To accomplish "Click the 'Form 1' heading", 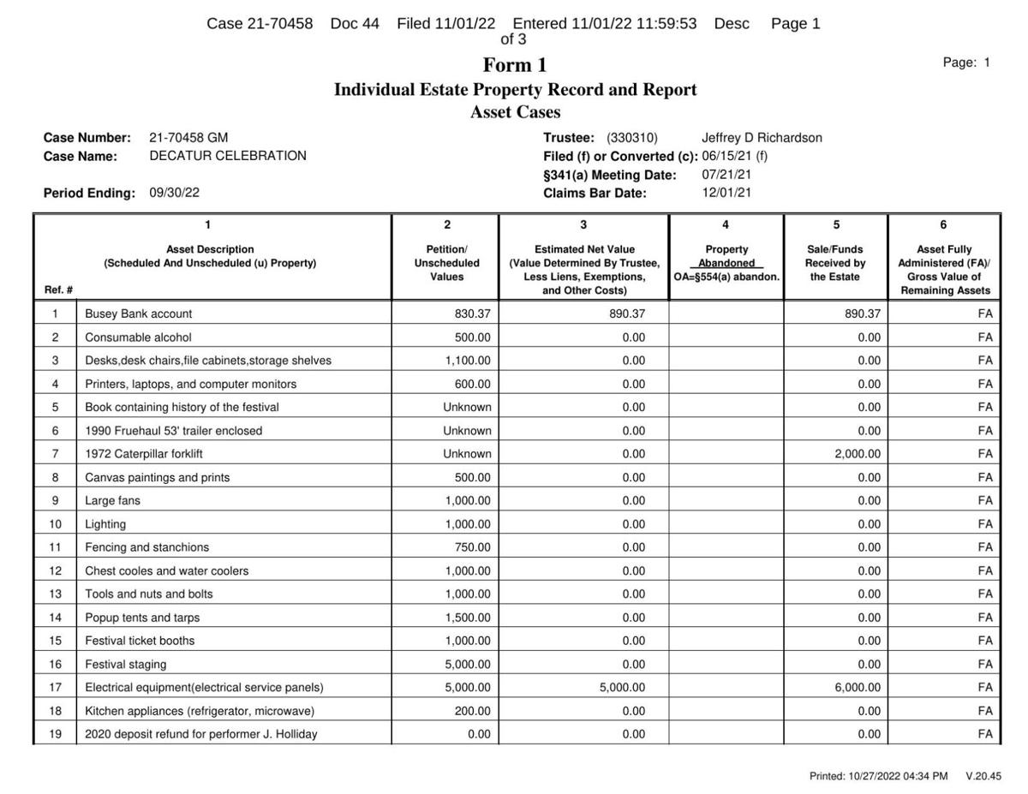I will tap(515, 65).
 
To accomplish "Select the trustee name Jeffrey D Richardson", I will tap(762, 138).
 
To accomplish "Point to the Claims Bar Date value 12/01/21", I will tap(726, 193).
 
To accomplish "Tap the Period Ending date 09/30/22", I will tap(175, 193).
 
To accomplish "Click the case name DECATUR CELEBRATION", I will tap(228, 156).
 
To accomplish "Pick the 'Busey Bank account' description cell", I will tap(139, 314).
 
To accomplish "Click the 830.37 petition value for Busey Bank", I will tap(473, 314).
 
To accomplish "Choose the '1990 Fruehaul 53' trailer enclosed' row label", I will tap(174, 431).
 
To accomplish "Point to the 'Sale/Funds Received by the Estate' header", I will tap(835, 263).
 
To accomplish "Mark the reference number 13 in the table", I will tap(56, 594).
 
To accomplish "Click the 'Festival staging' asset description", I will tap(126, 664).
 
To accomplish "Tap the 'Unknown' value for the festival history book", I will tap(467, 408).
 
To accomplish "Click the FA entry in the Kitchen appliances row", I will tap(985, 711).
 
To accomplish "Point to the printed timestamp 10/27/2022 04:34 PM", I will tap(878, 776).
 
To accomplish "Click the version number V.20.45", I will tap(983, 776).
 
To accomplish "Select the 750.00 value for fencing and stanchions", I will tap(473, 547).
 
